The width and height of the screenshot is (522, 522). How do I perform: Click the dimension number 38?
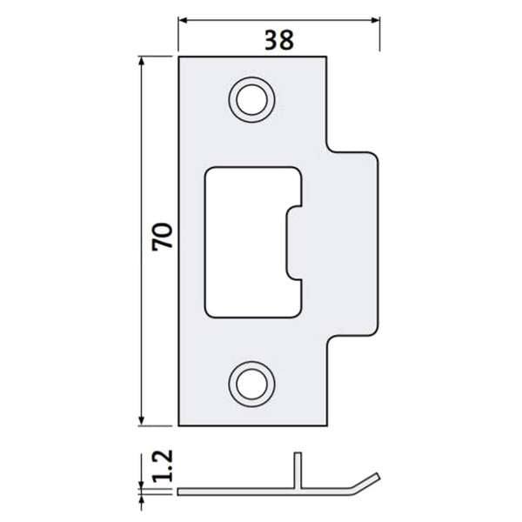(278, 40)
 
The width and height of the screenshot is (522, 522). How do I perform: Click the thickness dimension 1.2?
(162, 467)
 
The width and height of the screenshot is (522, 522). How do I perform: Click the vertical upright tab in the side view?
(297, 470)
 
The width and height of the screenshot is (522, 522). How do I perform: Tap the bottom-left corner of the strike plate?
(179, 426)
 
